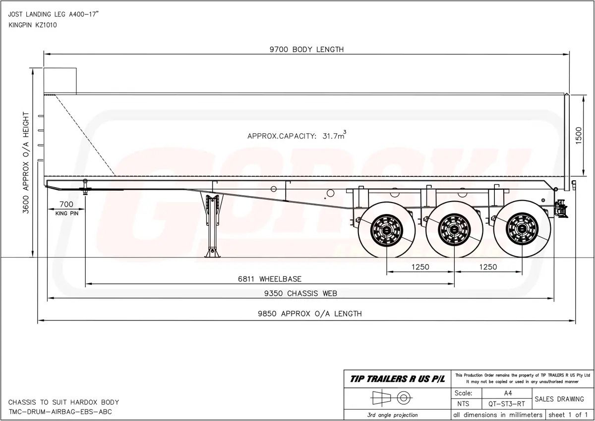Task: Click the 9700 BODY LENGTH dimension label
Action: click(x=306, y=50)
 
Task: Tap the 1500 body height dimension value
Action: click(x=579, y=136)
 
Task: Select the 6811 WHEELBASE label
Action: click(x=270, y=279)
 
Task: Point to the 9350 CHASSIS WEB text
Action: click(x=300, y=293)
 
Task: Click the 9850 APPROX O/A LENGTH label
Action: click(x=310, y=314)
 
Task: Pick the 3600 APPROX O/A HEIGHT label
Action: click(x=26, y=162)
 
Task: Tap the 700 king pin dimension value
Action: click(x=66, y=204)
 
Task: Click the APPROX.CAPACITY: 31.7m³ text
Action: click(x=297, y=135)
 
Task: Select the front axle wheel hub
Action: click(x=386, y=230)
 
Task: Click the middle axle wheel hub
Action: click(x=454, y=229)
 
